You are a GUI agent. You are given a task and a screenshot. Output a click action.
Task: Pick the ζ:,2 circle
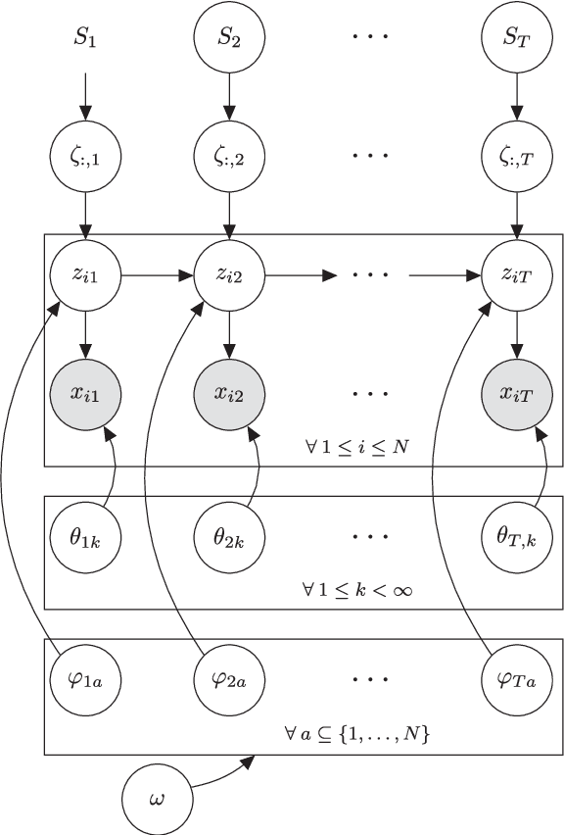point(229,156)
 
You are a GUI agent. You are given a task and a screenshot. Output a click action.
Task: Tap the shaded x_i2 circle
point(229,394)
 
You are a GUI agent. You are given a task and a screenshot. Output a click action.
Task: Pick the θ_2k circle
point(229,537)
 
